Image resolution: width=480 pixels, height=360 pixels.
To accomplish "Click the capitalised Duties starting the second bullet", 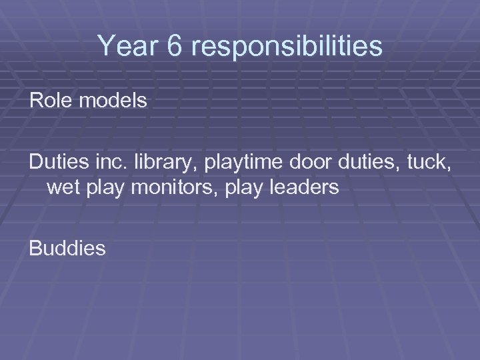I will [56, 162].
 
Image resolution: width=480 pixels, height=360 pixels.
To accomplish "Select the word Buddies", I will [67, 249].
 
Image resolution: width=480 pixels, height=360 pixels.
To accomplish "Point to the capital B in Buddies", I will [35, 249].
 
